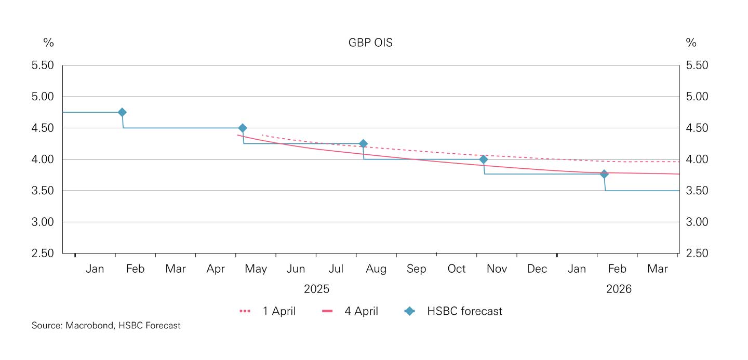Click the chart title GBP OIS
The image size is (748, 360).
coord(370,43)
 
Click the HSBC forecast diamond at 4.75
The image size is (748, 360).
coord(122,112)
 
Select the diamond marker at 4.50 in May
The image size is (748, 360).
coord(242,128)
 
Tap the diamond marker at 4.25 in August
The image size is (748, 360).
coord(363,143)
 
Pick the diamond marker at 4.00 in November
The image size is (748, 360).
coord(483,159)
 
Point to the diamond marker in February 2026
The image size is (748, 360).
coord(604,174)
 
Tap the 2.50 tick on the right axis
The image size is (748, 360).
coord(697,254)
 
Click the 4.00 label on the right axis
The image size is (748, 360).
coord(697,159)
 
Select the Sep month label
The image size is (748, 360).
coord(416,269)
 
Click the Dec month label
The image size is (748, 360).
coord(537,269)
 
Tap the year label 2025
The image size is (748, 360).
coord(316,289)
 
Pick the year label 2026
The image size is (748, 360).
coord(618,289)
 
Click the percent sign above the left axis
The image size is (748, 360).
coord(48,43)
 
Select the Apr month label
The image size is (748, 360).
coord(216,269)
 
